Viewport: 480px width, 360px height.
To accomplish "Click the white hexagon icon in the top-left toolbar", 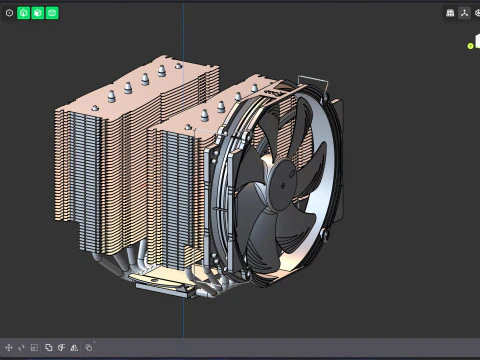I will (x=9, y=13).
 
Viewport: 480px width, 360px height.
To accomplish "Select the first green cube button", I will (x=24, y=13).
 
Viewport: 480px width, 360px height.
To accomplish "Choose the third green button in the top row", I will (x=52, y=13).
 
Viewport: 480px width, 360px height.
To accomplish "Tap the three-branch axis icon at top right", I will (x=464, y=13).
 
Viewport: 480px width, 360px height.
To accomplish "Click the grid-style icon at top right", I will (x=450, y=13).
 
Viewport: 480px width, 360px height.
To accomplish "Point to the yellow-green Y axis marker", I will (x=470, y=45).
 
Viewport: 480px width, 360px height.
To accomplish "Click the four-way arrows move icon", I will (x=9, y=347).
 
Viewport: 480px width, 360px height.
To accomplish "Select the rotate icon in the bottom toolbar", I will (x=21, y=347).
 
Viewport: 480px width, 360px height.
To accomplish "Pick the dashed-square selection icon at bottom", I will (x=34, y=347).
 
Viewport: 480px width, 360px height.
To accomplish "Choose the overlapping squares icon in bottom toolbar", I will (x=48, y=347).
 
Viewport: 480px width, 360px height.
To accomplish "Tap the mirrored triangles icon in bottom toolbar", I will (x=61, y=347).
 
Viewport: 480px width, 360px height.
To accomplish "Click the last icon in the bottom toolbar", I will (x=88, y=347).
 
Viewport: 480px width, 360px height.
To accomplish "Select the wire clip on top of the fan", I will (x=311, y=78).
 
